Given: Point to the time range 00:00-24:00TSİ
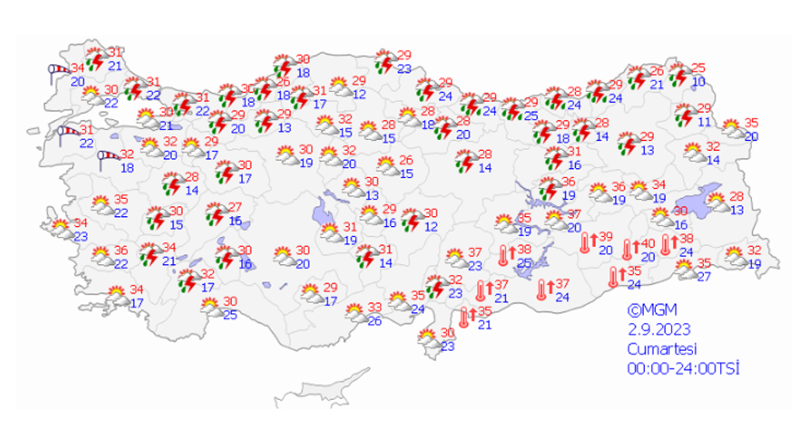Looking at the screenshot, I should coord(683,367).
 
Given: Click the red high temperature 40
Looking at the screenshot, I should coord(648,243).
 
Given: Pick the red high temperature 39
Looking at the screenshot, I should coord(607,238).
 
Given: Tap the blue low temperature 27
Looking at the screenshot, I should coord(703,276).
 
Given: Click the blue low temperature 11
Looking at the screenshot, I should coord(703,123).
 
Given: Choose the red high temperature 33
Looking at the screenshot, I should coord(375,308).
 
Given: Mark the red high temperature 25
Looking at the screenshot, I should coord(698,68).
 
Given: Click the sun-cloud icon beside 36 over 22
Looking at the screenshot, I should coord(101,256).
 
